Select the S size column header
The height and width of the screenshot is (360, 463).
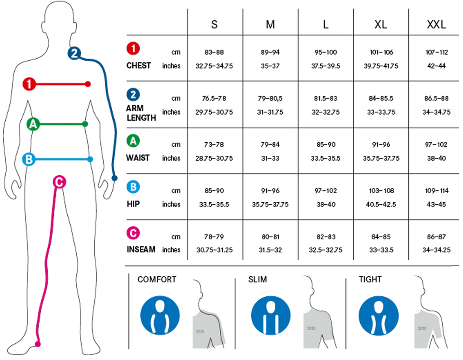(x=214, y=25)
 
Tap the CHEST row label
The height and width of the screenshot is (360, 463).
(x=138, y=65)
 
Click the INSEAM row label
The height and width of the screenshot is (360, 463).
(x=141, y=249)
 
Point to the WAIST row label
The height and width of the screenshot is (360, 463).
(x=138, y=158)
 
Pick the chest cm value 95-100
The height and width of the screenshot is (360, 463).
(x=326, y=52)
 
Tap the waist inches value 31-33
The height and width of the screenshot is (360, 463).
(x=270, y=158)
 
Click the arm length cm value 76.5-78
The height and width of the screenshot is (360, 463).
(x=214, y=99)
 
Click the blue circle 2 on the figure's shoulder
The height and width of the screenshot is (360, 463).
(x=74, y=53)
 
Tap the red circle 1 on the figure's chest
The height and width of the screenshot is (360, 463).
(x=29, y=84)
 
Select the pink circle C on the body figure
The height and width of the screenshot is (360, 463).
(x=58, y=181)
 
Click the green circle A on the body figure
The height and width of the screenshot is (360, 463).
(x=33, y=124)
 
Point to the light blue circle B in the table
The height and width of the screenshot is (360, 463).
(x=134, y=187)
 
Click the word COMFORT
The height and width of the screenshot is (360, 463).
(x=156, y=279)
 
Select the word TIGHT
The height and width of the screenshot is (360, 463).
(x=370, y=279)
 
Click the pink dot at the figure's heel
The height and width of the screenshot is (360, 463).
(x=38, y=344)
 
